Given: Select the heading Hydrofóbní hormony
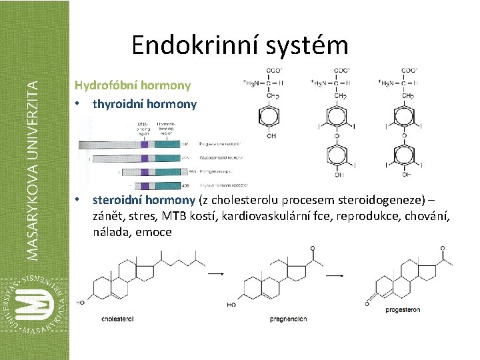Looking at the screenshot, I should [133, 85].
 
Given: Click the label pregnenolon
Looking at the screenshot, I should [288, 319].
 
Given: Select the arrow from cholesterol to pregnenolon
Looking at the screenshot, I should [215, 273].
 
